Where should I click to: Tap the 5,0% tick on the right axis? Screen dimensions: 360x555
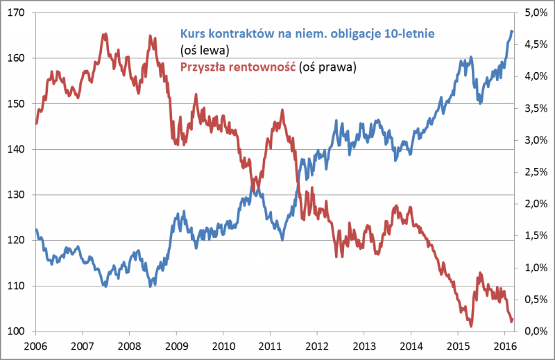[x=534, y=13]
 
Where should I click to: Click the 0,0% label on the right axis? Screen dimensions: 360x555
[x=534, y=332]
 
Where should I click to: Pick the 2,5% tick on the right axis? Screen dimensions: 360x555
[x=534, y=172]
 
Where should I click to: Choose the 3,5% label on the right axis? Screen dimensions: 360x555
[x=534, y=108]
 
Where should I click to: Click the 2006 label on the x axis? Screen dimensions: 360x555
[x=35, y=345]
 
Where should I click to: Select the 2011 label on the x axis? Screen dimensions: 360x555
[x=270, y=345]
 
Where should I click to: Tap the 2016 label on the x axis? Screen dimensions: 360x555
[x=504, y=345]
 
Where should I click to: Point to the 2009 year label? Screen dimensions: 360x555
[x=176, y=345]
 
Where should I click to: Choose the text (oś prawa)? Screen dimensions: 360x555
[x=327, y=67]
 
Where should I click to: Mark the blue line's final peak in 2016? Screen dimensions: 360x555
[x=511, y=31]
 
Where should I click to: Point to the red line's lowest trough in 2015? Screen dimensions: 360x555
[x=470, y=325]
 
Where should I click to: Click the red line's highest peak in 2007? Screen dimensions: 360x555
[x=104, y=34]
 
